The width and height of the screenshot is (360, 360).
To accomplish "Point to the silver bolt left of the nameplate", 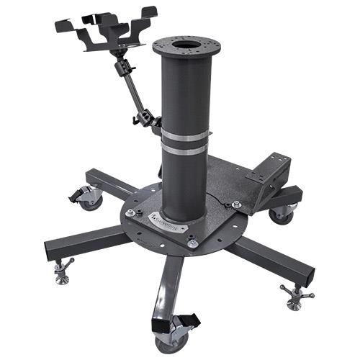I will tap(130, 212).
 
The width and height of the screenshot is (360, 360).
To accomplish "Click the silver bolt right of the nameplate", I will tap(192, 243).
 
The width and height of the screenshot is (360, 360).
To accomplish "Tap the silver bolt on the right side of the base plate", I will tap(236, 205).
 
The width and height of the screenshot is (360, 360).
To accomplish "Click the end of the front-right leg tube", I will tap(310, 272).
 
